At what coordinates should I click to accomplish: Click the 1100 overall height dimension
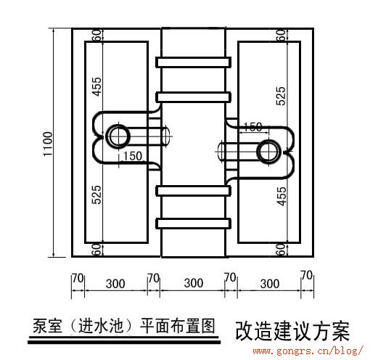48,144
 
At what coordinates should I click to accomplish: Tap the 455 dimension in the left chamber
96,86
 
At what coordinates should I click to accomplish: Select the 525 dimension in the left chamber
96,195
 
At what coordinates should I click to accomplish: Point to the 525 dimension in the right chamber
281,96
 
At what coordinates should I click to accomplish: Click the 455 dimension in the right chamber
282,196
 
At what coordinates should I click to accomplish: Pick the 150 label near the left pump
133,156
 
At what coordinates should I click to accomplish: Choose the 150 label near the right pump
252,127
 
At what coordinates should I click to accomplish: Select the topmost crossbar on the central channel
193,62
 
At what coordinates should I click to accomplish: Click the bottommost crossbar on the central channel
193,224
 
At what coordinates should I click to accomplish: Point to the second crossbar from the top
193,97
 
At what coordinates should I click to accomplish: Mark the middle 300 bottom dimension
194,283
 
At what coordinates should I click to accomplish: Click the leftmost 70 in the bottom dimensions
78,278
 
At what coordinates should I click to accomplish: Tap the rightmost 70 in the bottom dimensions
307,275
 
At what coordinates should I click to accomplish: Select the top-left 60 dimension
96,35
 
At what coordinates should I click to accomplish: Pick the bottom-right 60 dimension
281,250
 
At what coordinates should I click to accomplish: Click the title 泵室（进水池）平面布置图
124,326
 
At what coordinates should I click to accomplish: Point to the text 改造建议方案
292,331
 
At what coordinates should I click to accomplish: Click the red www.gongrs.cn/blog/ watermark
308,351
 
